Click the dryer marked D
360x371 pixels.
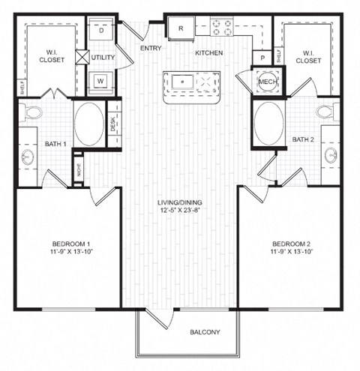click(102, 31)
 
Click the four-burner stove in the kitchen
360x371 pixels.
click(222, 28)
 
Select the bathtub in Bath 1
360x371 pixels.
click(90, 123)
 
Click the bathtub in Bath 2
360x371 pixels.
click(269, 123)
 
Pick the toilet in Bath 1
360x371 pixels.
click(32, 112)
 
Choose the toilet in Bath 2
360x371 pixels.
click(325, 112)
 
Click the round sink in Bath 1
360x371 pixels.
click(28, 157)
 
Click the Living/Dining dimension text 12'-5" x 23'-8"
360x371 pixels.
click(180, 211)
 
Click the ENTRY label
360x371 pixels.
click(151, 49)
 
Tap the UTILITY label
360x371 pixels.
click(103, 57)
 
